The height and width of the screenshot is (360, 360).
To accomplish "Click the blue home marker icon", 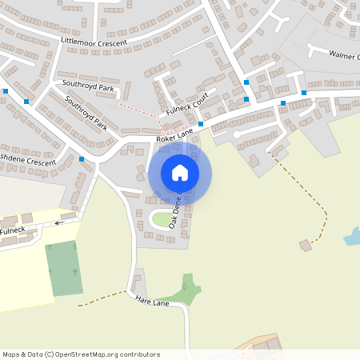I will pos(180,172).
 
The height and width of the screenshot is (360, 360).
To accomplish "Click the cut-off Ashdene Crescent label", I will pos(28,162).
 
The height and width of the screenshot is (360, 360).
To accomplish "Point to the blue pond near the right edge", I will pos(351,236).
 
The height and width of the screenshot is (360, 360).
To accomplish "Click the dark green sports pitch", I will pos(64,268).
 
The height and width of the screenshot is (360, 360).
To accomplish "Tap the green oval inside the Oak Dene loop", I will pos(162,218).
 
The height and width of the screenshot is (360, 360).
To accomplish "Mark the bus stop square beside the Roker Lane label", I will pos(200,135).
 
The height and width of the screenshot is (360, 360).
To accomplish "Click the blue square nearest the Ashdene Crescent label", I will pos(82,160).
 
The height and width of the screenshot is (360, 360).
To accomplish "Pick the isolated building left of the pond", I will pos(304,244).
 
